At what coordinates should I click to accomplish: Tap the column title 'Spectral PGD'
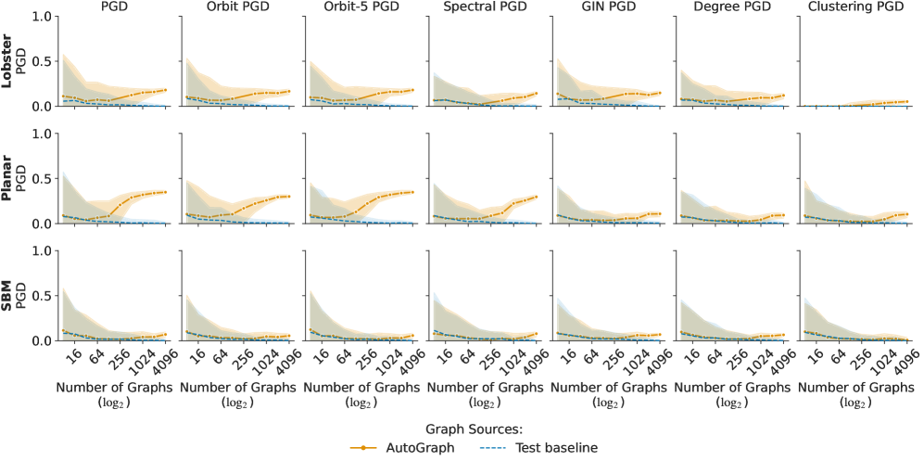482,7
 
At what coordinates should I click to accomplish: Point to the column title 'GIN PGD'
606,7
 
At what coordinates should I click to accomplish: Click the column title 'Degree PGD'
729,7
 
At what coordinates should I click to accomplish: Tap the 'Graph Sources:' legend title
475,429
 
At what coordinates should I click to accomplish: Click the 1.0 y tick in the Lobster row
40,16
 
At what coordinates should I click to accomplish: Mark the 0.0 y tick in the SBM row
40,341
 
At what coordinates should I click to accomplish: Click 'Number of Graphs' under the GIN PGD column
606,387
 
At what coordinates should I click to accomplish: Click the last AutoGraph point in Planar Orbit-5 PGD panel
413,192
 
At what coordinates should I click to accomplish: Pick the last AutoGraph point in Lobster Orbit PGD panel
289,91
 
